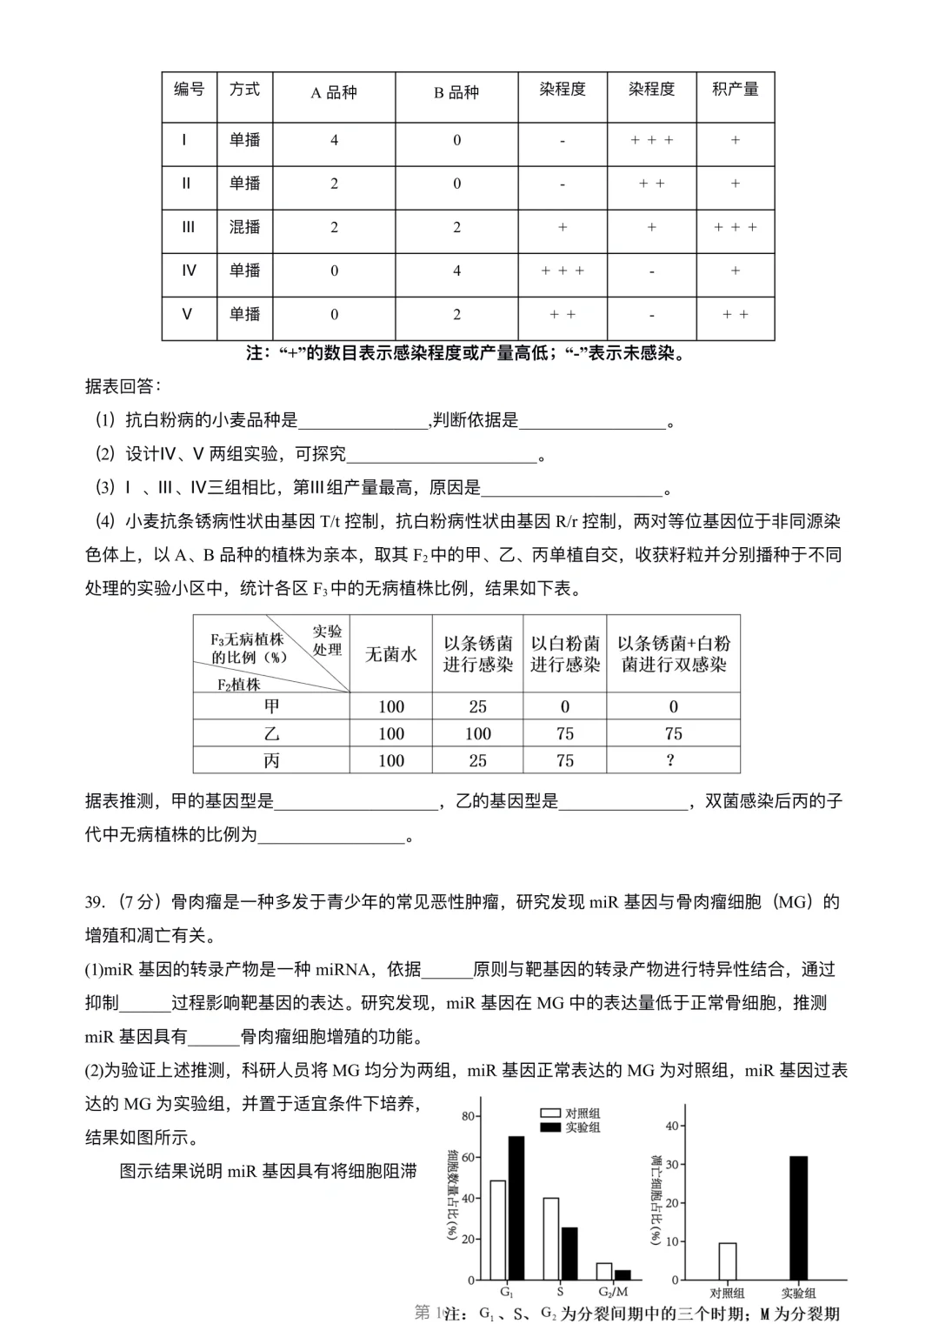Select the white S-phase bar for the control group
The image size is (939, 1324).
(x=550, y=1239)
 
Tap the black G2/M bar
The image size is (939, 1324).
(x=623, y=1274)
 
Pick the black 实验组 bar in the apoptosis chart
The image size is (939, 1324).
(x=797, y=1218)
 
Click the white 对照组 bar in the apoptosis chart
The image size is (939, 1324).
(x=727, y=1261)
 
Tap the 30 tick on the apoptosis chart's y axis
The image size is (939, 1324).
(x=671, y=1165)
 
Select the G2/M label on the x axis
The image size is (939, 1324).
(x=613, y=1293)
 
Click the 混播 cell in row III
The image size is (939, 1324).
(x=244, y=227)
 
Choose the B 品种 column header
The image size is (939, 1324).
(x=456, y=92)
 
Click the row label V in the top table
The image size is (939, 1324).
(x=187, y=314)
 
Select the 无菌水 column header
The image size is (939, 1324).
(x=390, y=654)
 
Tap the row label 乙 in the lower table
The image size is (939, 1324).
(x=271, y=733)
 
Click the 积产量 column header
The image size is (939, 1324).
(x=735, y=90)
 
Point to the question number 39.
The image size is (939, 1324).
(x=95, y=902)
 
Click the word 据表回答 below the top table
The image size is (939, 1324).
(x=123, y=386)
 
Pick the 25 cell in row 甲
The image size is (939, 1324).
(x=477, y=706)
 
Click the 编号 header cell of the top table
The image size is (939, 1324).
(x=189, y=90)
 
